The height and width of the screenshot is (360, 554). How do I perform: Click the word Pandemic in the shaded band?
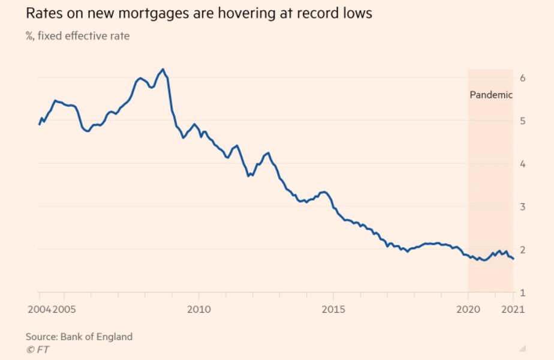(x=490, y=95)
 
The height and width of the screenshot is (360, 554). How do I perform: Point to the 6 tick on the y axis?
(x=523, y=78)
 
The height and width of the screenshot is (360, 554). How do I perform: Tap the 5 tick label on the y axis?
(x=523, y=121)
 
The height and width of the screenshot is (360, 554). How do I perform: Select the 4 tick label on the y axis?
(x=523, y=164)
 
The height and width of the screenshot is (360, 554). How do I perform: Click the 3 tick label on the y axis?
(x=523, y=207)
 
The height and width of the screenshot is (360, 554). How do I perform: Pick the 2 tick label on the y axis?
(x=523, y=250)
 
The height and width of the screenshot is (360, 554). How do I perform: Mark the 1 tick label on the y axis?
(x=523, y=293)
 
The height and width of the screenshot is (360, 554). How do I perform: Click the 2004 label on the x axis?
(x=38, y=310)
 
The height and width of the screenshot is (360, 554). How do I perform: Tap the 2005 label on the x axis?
(x=64, y=310)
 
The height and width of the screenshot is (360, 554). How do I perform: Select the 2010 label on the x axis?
(x=198, y=310)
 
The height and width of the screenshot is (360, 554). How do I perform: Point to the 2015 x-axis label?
(x=333, y=310)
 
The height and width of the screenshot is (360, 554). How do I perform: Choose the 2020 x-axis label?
(x=468, y=310)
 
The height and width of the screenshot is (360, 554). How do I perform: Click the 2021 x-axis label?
(x=513, y=310)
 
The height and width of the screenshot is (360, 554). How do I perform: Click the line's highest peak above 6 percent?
(x=163, y=70)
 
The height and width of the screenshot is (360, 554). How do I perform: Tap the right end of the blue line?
(x=513, y=259)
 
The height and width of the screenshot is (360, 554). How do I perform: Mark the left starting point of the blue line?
(x=39, y=124)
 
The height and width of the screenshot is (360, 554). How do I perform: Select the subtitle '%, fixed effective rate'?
(x=77, y=37)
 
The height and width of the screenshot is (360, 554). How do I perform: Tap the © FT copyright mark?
(x=37, y=349)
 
